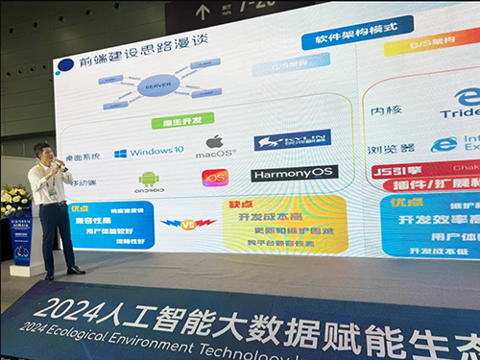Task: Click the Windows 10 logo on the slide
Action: pyautogui.click(x=120, y=152)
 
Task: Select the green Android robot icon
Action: pyautogui.click(x=148, y=179)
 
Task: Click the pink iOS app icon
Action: pyautogui.click(x=214, y=178)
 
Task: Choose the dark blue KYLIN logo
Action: pyautogui.click(x=292, y=140)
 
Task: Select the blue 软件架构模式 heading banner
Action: pyautogui.click(x=336, y=39)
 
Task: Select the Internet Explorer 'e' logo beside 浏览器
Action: pyautogui.click(x=444, y=145)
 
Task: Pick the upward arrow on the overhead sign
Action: pyautogui.click(x=203, y=11)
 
